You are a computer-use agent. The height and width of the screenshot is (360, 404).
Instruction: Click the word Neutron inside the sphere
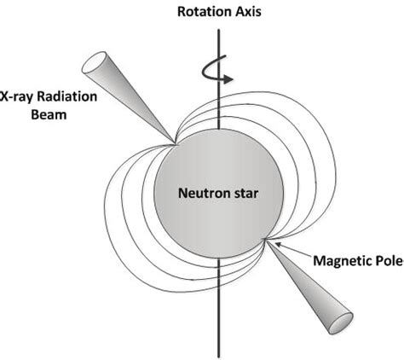point(199,193)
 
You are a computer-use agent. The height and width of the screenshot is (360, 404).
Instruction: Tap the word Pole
point(388,258)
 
